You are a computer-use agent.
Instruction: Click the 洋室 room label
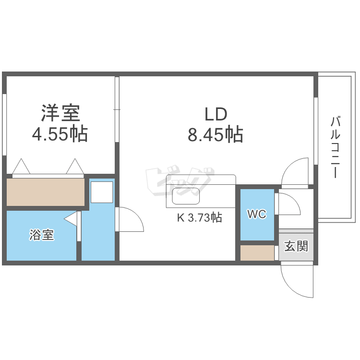[x=60, y=113]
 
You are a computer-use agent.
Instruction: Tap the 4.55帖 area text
[x=60, y=134]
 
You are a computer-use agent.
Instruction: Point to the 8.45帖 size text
[x=216, y=134]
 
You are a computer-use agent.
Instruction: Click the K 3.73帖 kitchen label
[x=200, y=217]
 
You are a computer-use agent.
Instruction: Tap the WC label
[x=257, y=215]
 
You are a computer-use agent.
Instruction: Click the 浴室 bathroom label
[x=41, y=235]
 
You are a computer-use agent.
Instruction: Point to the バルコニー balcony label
[x=335, y=147]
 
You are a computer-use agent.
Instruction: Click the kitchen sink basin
[x=185, y=197]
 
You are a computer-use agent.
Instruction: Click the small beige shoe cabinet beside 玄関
[x=257, y=252]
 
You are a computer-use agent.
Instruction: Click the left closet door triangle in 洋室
[x=21, y=167]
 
